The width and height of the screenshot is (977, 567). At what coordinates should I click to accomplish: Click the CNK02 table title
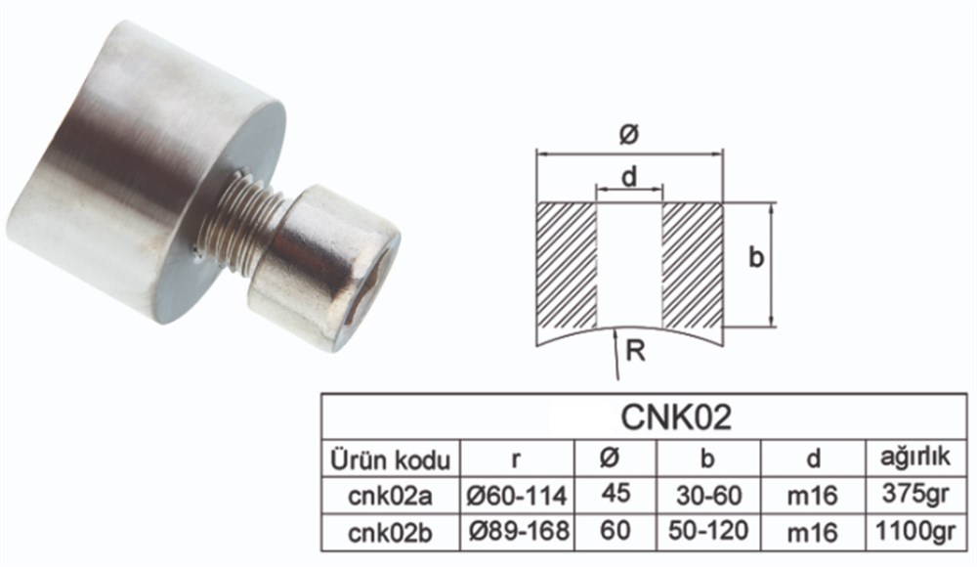pos(676,417)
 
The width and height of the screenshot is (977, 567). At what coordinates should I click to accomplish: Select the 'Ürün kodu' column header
pos(391,459)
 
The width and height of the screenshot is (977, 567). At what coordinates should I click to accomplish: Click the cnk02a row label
pos(391,496)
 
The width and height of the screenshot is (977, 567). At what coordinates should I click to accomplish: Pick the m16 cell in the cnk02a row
pos(812,496)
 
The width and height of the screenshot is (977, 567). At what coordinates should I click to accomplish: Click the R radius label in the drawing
pos(636,350)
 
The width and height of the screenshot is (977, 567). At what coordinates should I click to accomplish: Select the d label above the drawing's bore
pos(629,177)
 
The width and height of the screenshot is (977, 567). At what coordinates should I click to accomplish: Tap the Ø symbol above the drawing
pos(629,135)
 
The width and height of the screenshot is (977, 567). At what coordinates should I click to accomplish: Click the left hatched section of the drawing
pos(568,264)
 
